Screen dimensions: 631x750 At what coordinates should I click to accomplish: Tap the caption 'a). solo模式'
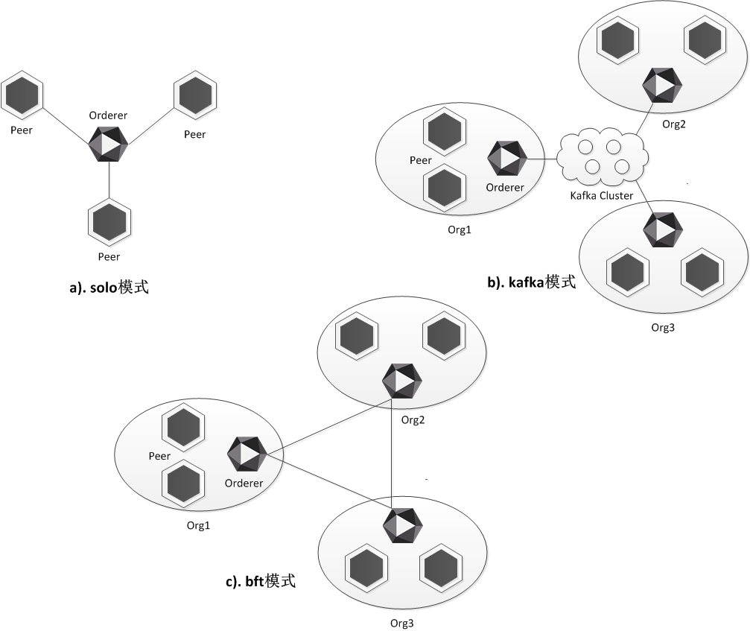tap(109, 287)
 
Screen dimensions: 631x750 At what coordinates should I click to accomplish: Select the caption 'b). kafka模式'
tap(531, 282)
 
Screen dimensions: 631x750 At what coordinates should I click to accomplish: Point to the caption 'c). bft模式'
tap(261, 581)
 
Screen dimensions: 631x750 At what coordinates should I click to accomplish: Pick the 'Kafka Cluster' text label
tap(601, 196)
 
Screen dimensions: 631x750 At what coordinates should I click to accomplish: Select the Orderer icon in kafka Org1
tap(507, 157)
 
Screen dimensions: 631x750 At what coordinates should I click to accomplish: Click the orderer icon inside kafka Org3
tap(663, 230)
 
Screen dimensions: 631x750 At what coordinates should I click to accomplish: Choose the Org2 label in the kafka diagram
tap(674, 124)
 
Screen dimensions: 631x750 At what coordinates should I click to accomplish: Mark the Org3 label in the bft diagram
tap(401, 623)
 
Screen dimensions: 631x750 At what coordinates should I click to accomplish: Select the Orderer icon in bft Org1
tap(246, 454)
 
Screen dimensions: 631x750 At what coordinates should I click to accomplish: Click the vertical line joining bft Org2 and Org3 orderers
tap(393, 454)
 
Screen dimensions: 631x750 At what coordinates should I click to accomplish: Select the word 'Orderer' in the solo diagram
tap(108, 115)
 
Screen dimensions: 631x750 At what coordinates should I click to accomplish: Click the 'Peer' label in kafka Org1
tap(421, 160)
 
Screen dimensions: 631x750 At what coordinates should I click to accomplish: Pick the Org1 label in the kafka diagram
tap(460, 229)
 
